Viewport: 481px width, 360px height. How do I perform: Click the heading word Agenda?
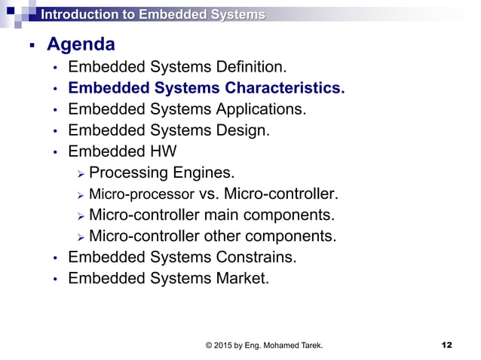tap(81, 44)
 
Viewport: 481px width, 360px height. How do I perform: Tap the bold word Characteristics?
tap(283, 88)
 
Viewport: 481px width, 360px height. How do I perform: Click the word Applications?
tap(261, 109)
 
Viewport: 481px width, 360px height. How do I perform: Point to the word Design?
tap(241, 130)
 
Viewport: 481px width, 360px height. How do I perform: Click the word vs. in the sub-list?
tap(201, 194)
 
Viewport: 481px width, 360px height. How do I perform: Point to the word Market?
tap(242, 279)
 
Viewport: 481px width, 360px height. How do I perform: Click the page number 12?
tap(446, 346)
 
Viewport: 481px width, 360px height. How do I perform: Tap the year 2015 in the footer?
tap(225, 346)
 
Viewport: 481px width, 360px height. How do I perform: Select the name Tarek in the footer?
tap(310, 346)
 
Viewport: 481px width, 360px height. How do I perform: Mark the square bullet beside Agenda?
tap(31, 47)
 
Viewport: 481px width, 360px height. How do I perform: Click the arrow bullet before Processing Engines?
tap(81, 174)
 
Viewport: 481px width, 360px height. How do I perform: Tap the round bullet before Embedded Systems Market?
tap(54, 280)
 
